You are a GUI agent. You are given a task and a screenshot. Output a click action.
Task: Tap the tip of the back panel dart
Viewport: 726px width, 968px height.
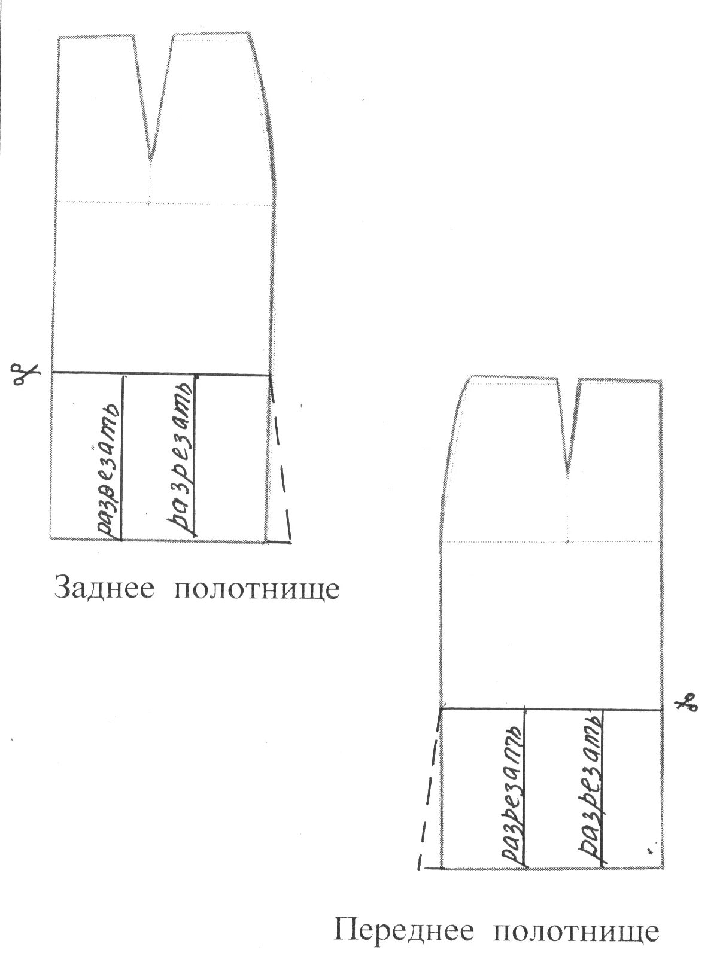(x=150, y=159)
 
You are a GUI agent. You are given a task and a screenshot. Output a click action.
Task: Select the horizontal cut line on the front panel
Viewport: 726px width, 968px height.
(x=551, y=710)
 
